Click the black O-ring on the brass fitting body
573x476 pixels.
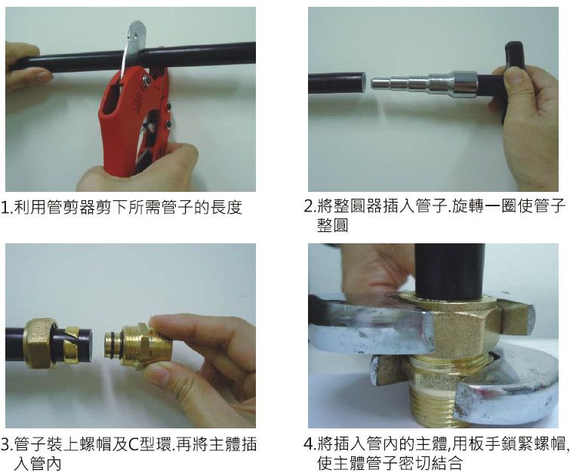click(x=110, y=345)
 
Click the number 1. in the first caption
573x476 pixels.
click(x=6, y=208)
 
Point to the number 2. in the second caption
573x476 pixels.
click(x=310, y=206)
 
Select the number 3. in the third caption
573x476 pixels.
click(x=7, y=445)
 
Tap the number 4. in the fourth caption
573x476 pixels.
click(x=310, y=444)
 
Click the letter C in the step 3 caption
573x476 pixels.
click(x=134, y=445)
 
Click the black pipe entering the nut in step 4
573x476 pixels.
click(x=449, y=271)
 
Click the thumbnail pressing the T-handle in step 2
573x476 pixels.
click(x=513, y=76)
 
